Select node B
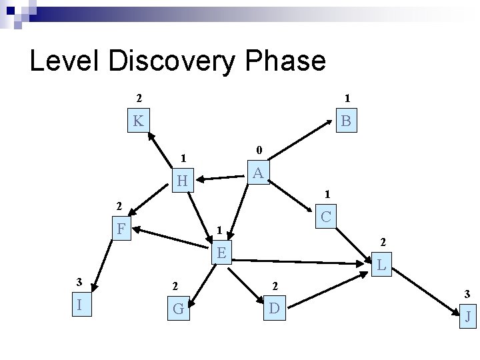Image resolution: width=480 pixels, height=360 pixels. pyautogui.click(x=346, y=121)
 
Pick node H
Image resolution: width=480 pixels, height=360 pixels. pyautogui.click(x=181, y=181)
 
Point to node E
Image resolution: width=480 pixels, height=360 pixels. pyautogui.click(x=221, y=253)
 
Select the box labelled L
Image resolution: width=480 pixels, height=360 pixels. pyautogui.click(x=381, y=265)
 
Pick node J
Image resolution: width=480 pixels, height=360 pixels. pyautogui.click(x=468, y=316)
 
